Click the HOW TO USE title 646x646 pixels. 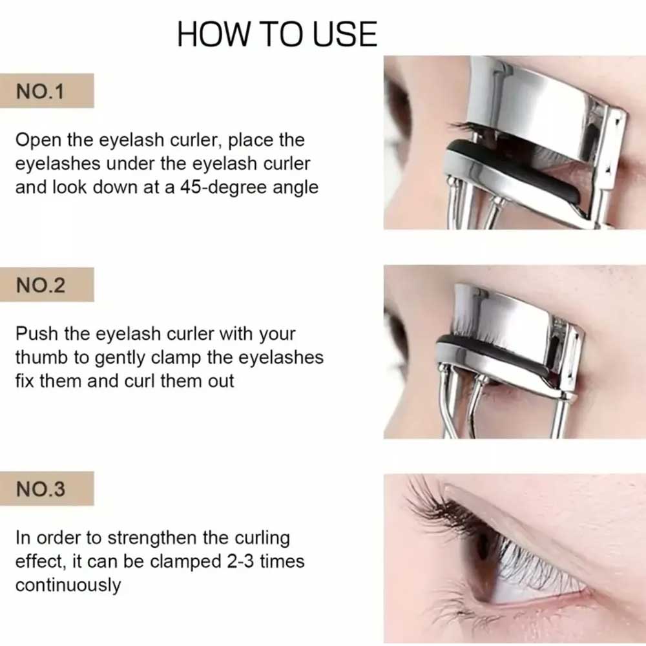277,34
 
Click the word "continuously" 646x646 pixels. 68,585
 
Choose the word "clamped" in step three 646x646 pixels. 185,562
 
